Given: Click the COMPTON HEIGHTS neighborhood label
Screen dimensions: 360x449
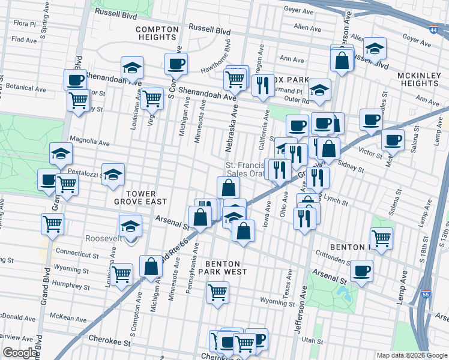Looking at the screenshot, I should pyautogui.click(x=157, y=33).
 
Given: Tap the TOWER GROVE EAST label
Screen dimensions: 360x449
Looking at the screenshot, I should pyautogui.click(x=135, y=198).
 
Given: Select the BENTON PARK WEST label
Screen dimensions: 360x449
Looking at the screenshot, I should pyautogui.click(x=223, y=268).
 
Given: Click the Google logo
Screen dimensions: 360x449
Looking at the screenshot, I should pyautogui.click(x=20, y=353).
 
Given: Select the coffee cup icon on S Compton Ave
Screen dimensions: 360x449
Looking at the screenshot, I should pyautogui.click(x=176, y=64).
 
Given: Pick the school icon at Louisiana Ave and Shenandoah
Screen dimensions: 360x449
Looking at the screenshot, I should pyautogui.click(x=132, y=67).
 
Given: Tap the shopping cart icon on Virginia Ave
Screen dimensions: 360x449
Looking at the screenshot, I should pyautogui.click(x=152, y=98).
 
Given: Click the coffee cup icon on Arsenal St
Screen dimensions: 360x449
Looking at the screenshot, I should pyautogui.click(x=361, y=271).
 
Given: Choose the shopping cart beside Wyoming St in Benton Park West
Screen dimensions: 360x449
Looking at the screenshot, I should pyautogui.click(x=217, y=293).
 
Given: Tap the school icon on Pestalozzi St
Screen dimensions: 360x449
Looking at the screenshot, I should pyautogui.click(x=113, y=175).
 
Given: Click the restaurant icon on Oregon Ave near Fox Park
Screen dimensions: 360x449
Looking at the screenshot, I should pyautogui.click(x=262, y=85).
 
